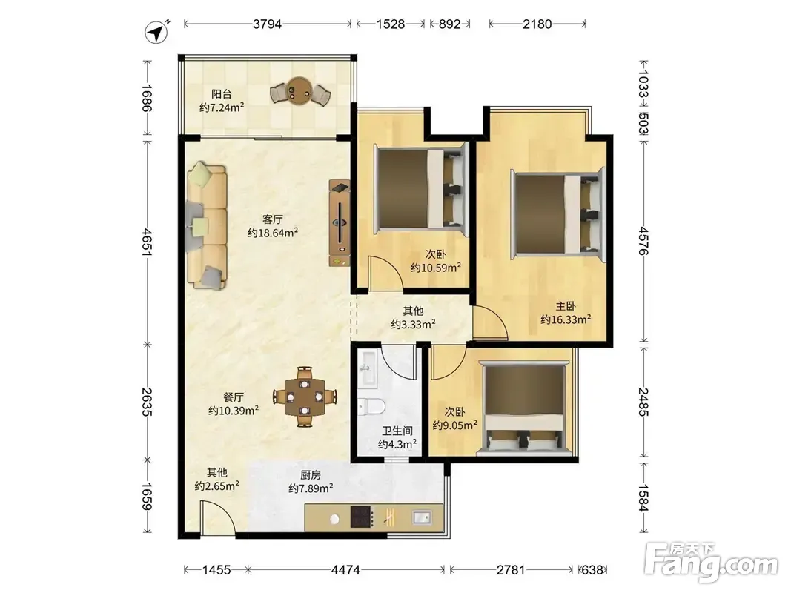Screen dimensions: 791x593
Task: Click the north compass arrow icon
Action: coord(157,32)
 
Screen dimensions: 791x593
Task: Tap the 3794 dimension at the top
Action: coord(267,24)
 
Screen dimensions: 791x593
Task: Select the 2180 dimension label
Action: coord(537,24)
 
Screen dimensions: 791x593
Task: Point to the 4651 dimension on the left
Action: coord(147,242)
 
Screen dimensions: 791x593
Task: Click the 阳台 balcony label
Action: coord(222,94)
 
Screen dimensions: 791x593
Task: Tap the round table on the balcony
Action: coord(299,90)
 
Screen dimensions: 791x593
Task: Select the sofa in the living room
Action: coord(206,225)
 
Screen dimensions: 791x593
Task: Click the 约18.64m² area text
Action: coord(272,233)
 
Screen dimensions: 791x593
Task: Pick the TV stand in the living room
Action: coord(340,223)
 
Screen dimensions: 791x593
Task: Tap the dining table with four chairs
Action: coord(304,397)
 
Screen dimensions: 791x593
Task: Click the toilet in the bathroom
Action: coord(371,405)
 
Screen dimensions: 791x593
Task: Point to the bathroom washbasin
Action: coord(367,368)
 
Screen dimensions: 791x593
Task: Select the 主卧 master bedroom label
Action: coord(566,306)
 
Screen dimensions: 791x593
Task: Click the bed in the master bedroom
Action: coord(557,213)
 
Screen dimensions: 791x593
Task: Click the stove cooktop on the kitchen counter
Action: coord(363,517)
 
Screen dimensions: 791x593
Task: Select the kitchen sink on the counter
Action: coord(421,517)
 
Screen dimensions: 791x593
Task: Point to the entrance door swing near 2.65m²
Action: coord(218,517)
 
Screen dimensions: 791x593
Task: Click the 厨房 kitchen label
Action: coord(310,475)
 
